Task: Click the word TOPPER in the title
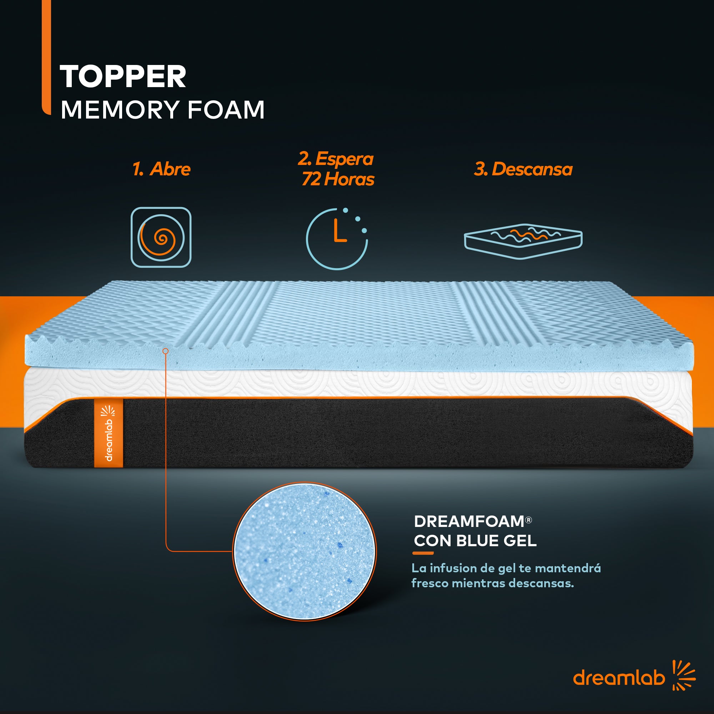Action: [123, 76]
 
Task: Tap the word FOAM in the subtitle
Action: [226, 110]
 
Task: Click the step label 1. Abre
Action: [161, 169]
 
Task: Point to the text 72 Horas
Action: [338, 179]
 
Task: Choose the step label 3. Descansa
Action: [523, 169]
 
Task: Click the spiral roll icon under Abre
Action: [161, 237]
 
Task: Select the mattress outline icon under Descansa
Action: [523, 241]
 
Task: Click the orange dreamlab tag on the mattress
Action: [108, 433]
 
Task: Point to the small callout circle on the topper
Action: [166, 351]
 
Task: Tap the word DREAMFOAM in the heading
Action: [469, 522]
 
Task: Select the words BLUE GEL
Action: [496, 540]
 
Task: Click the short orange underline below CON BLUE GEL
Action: [423, 553]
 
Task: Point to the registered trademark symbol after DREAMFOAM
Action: [528, 520]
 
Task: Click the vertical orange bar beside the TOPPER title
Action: [46, 57]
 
